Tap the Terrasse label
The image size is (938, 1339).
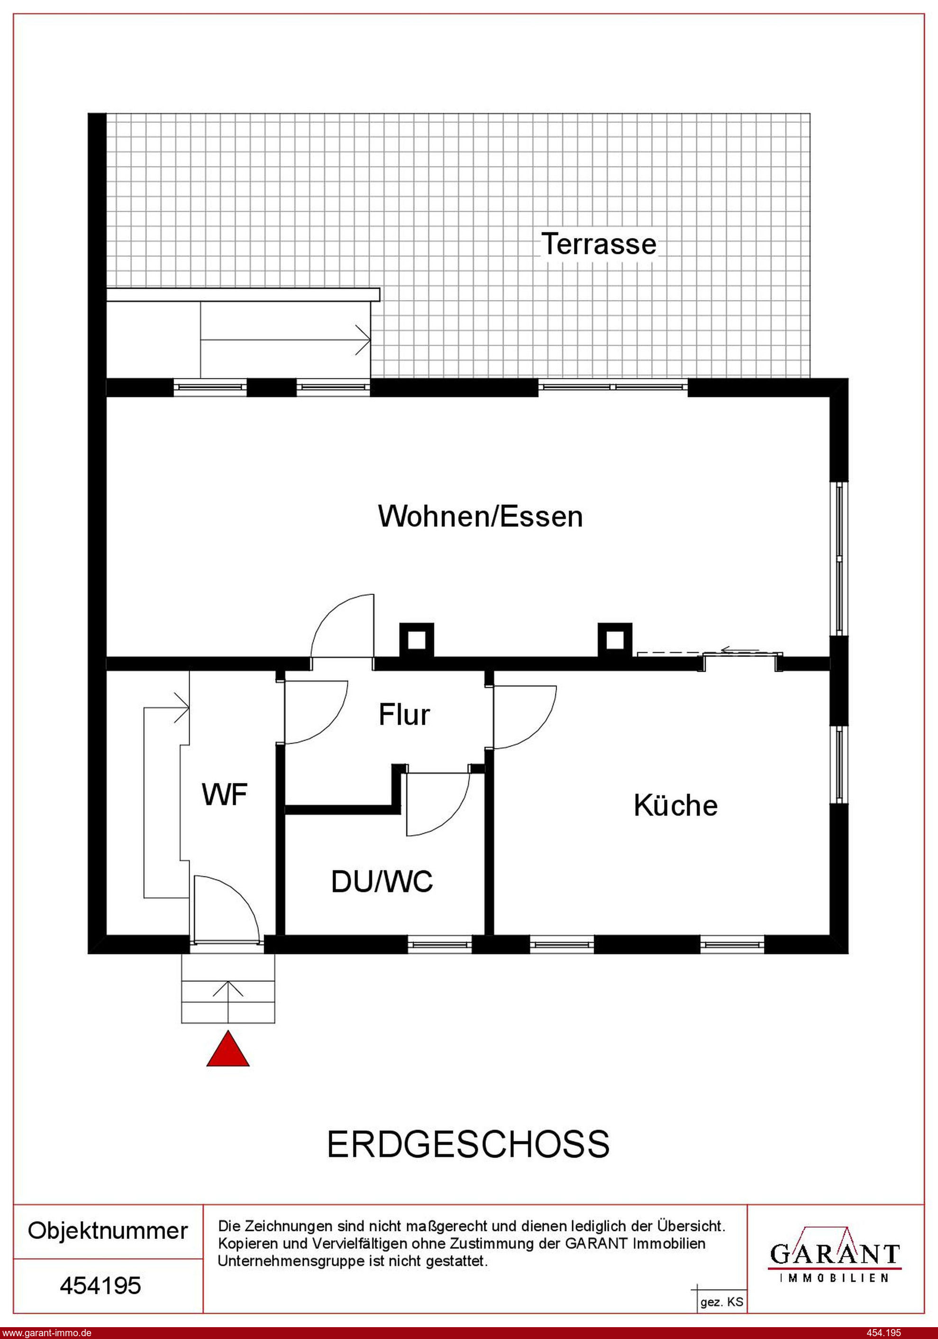point(599,244)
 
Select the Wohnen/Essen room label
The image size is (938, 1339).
point(481,516)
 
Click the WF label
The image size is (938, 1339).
point(225,794)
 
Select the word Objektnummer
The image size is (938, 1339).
point(108,1231)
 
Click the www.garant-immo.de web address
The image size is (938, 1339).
point(46,1332)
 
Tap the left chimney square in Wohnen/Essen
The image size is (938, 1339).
point(417,640)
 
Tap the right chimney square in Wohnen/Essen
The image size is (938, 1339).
point(615,640)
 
